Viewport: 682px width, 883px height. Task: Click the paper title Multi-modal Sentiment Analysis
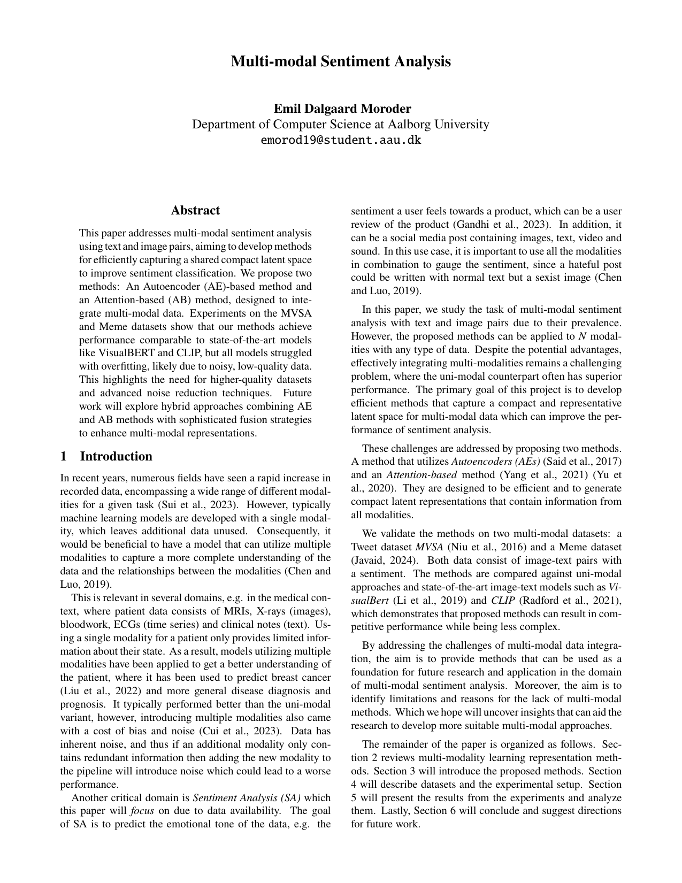click(x=341, y=62)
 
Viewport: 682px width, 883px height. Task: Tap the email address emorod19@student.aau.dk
click(x=341, y=141)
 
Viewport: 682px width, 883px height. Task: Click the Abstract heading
click(x=195, y=210)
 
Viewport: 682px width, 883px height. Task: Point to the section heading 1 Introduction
click(x=106, y=456)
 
